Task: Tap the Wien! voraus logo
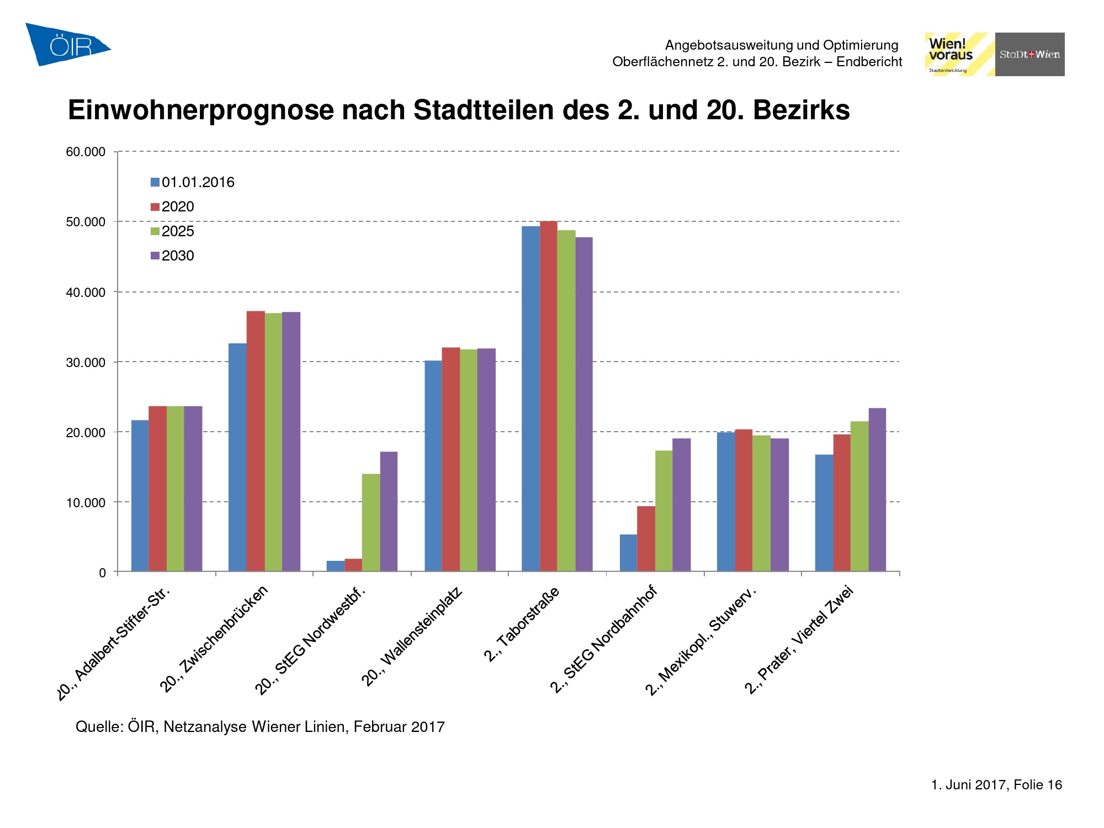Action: click(x=959, y=54)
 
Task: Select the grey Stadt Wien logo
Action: click(x=1029, y=54)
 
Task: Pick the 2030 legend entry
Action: click(x=172, y=256)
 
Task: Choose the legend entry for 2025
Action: click(x=172, y=231)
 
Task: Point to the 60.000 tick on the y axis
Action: click(x=86, y=152)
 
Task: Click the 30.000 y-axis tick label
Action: click(x=86, y=363)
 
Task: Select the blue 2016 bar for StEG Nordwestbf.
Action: click(x=336, y=566)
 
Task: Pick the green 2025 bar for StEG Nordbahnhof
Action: click(x=664, y=511)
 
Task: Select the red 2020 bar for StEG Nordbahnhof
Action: click(x=646, y=539)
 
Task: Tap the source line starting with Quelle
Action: click(x=260, y=726)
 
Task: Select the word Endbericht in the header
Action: click(x=869, y=61)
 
